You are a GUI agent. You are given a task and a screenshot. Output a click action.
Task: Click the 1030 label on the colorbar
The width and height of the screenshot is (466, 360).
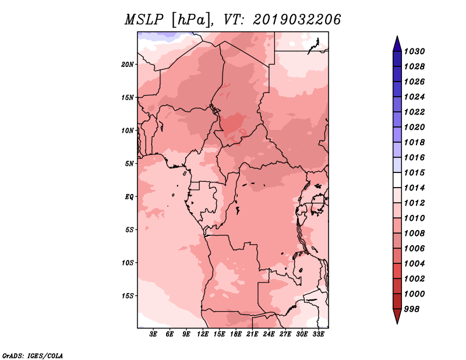click(414, 51)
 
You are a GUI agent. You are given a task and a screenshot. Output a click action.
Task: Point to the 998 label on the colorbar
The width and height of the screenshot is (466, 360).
click(412, 309)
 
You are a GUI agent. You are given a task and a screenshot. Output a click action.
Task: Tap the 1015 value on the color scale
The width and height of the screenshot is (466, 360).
click(414, 172)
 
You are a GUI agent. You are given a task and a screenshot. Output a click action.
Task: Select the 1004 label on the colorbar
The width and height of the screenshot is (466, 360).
click(414, 264)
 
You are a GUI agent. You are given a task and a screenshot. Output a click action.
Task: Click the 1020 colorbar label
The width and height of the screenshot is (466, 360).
click(414, 127)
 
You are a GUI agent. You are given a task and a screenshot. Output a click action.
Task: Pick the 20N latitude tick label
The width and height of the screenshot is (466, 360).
click(128, 65)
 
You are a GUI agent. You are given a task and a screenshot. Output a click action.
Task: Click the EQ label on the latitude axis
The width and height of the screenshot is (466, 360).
click(129, 197)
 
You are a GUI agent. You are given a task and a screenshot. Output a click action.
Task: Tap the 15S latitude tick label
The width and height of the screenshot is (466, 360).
click(128, 296)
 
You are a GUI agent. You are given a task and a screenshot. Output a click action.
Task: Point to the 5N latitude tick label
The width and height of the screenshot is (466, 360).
click(129, 164)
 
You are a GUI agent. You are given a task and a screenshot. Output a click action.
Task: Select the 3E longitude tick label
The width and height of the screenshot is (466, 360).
click(153, 334)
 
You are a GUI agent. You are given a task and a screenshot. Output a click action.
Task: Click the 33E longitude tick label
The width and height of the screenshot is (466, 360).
click(318, 334)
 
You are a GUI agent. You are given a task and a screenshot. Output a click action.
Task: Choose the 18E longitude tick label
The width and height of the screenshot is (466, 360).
click(236, 334)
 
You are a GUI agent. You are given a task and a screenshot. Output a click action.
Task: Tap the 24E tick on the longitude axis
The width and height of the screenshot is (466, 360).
click(269, 334)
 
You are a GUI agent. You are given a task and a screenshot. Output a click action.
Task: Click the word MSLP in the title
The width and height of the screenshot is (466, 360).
click(144, 20)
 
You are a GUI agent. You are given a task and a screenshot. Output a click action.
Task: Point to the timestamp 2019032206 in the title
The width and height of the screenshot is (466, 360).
click(296, 20)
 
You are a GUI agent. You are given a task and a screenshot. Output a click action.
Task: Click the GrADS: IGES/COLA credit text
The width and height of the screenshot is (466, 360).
click(33, 356)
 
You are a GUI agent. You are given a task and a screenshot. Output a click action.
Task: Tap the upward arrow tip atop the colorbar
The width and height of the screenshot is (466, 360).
click(397, 36)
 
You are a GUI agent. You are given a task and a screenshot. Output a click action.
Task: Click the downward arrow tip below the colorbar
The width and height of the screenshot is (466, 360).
click(397, 323)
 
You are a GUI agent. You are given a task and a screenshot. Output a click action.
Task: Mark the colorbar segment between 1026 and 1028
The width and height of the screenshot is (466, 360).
click(397, 74)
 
